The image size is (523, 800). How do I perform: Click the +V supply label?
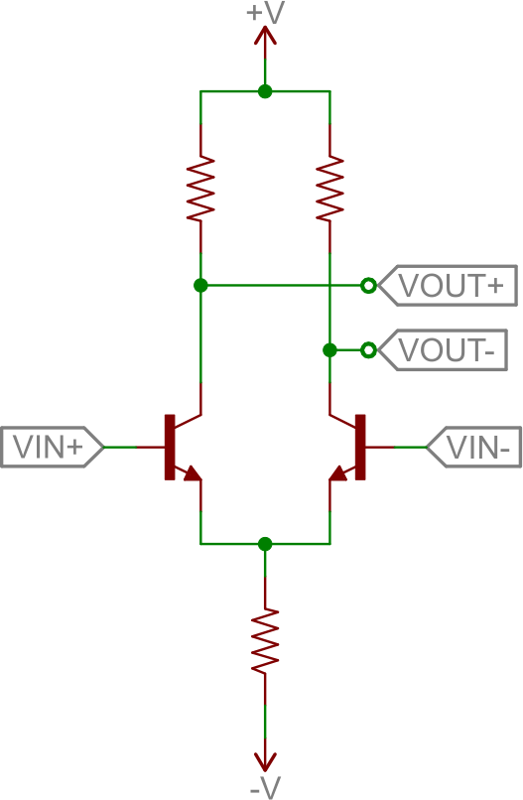265,13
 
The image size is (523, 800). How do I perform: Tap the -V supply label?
266,787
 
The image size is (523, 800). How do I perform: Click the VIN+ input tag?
52,447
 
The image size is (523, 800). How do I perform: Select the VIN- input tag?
473,447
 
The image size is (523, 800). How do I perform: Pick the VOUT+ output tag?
447,285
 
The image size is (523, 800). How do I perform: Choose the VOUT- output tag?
443,350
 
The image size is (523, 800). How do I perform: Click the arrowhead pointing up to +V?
265,37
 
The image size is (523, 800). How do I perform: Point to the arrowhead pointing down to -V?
265,761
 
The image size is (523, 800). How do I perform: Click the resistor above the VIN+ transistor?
200,189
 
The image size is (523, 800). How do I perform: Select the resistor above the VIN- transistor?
330,189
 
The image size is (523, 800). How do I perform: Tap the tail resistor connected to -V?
265,640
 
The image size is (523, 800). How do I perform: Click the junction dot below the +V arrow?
265,91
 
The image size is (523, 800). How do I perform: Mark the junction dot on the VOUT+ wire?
200,285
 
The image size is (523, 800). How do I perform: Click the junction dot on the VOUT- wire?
330,350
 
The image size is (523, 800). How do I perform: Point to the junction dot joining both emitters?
265,544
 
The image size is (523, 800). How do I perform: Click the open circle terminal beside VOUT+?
368,285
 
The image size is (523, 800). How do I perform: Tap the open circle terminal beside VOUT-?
368,350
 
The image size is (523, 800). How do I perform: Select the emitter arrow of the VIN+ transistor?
192,473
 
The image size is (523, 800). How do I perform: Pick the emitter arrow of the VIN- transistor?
337,473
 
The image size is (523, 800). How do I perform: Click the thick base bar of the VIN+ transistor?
170,447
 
